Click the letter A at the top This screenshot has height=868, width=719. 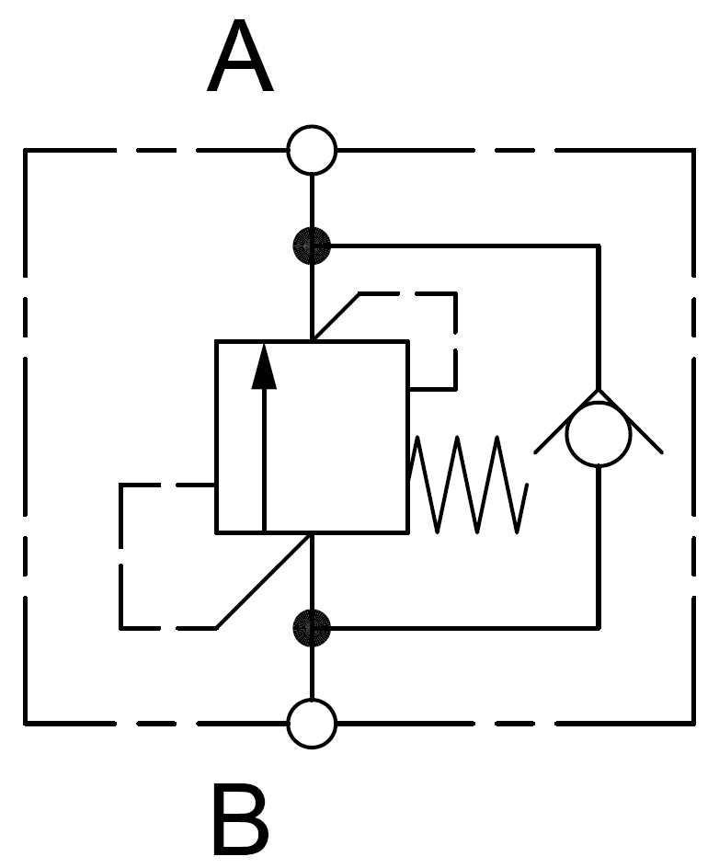[241, 61]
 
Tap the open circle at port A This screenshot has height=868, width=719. [312, 150]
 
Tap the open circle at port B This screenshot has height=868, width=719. [312, 723]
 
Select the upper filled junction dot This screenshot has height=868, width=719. [312, 246]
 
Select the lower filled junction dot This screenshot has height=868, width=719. [312, 628]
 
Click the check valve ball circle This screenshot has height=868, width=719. [599, 436]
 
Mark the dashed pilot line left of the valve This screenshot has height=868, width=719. [121, 556]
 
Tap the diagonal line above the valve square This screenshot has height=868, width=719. [336, 317]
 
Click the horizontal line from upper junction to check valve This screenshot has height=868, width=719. [460, 246]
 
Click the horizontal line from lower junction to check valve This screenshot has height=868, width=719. [460, 628]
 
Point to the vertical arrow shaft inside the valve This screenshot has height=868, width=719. [264, 460]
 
